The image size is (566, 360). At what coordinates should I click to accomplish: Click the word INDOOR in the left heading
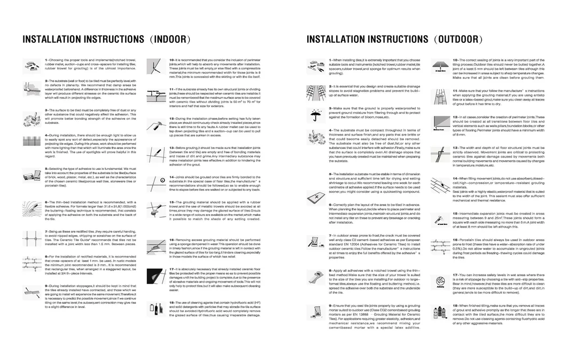click(x=170, y=40)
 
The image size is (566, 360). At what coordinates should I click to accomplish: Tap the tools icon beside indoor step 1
click(x=30, y=65)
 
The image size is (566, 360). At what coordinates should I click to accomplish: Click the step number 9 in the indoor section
click(x=46, y=286)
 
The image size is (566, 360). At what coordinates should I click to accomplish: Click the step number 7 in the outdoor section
click(x=330, y=235)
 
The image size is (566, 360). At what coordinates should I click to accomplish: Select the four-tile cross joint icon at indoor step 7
click(x=30, y=236)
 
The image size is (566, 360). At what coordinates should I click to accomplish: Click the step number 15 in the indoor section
click(x=171, y=202)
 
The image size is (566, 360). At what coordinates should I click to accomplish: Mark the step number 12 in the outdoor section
click(x=454, y=116)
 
